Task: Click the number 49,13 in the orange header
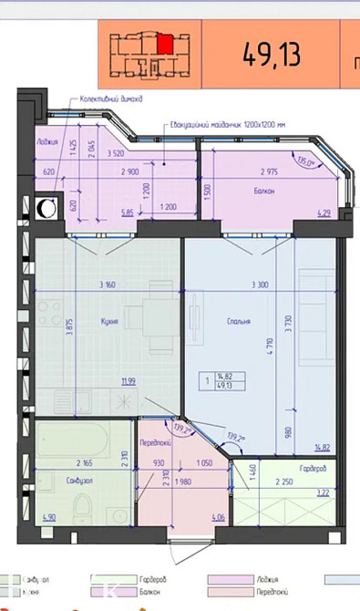tap(271, 54)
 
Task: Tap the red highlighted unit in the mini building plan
tap(164, 43)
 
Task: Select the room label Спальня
tap(241, 322)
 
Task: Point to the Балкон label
tap(264, 191)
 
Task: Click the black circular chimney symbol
tap(46, 209)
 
